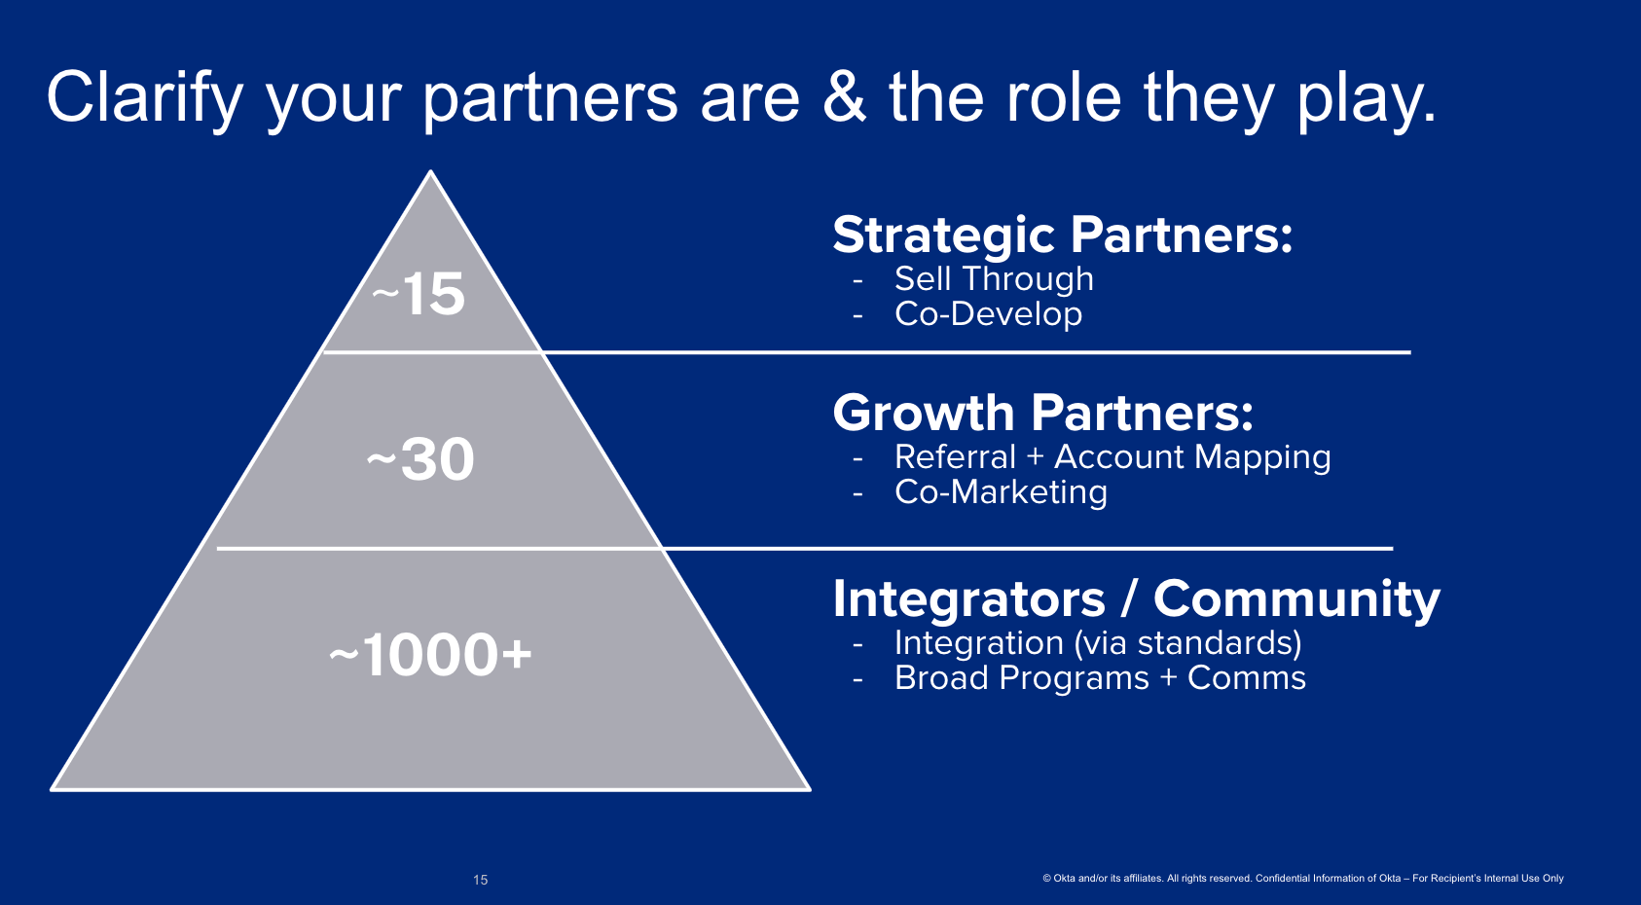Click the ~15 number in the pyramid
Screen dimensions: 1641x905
(x=419, y=294)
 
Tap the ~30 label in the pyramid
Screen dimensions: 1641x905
(x=420, y=459)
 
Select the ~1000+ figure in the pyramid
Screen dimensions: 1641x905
(x=430, y=654)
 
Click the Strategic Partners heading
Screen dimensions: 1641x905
(x=1062, y=235)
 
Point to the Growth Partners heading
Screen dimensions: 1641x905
(x=1043, y=413)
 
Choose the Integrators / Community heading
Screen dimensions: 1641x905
(x=1136, y=599)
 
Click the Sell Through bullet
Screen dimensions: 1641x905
(x=994, y=279)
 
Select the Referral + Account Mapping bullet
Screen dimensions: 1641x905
(x=1112, y=457)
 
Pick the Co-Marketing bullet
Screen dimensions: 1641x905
(x=1001, y=492)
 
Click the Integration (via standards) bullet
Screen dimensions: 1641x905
(x=1098, y=643)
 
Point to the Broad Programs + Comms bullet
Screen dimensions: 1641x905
(x=1101, y=678)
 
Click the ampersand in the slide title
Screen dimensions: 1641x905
(x=844, y=96)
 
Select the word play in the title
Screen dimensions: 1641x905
(x=1366, y=101)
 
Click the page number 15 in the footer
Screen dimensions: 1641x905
(x=481, y=880)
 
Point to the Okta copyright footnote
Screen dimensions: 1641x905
(x=1303, y=878)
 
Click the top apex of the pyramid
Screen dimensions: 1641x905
(x=431, y=171)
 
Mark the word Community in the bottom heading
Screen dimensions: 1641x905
(x=1296, y=599)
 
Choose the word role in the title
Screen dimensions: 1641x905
(x=1064, y=96)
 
